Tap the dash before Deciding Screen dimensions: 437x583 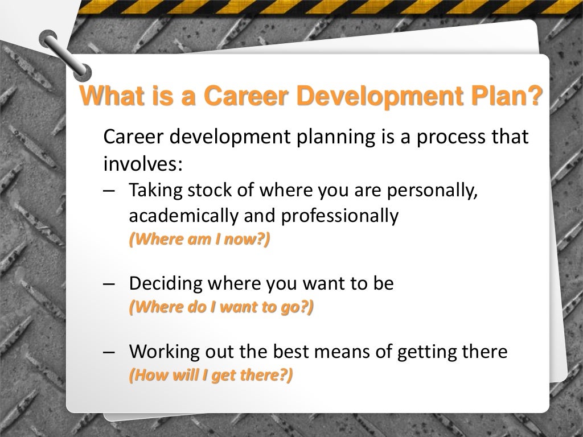click(110, 283)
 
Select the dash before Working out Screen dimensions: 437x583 click(110, 351)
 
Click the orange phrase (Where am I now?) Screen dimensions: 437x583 click(199, 239)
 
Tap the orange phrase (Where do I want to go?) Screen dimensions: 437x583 click(221, 307)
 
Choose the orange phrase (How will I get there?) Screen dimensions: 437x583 click(211, 376)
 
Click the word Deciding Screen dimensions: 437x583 click(166, 283)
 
